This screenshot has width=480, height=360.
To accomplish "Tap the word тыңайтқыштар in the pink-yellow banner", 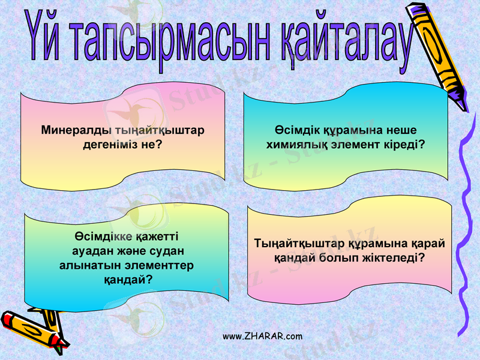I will pos(152,130).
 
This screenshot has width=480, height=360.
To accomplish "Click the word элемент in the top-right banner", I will pos(354,145).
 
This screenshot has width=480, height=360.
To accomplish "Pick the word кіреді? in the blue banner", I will pos(403,145).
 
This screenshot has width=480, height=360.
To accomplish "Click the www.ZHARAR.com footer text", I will pos(263,336).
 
